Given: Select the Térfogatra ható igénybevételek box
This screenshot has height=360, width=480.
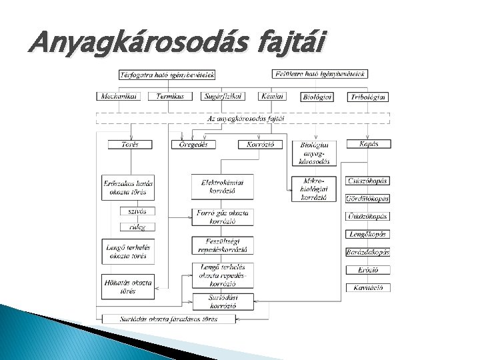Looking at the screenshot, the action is tap(167, 75).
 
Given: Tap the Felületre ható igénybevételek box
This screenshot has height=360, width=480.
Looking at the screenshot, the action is tap(320, 74).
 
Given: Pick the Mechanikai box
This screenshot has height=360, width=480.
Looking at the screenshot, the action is tap(117, 96).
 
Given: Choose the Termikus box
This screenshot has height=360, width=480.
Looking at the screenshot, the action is tap(171, 96).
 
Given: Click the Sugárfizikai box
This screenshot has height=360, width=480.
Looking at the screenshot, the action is tap(223, 96).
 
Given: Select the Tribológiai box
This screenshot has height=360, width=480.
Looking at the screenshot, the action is tap(367, 97).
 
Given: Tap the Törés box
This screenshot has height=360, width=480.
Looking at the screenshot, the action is tap(129, 145).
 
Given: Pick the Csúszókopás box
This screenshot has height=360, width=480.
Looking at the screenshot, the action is tap(367, 181).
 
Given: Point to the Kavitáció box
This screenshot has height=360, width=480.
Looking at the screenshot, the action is tap(367, 287).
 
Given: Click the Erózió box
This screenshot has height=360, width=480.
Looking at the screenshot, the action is tap(367, 270).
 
